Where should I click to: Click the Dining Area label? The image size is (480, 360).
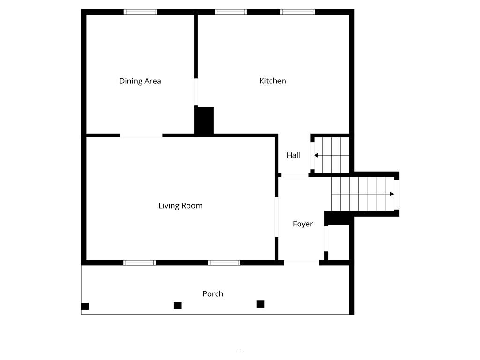[140, 81]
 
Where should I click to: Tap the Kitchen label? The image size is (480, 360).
[273, 81]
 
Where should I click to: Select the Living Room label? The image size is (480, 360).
[180, 206]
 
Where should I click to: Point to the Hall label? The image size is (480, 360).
[294, 155]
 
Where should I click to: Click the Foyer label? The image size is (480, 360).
[303, 224]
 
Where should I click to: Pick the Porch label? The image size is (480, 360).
[213, 294]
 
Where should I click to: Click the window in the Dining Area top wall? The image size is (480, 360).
[141, 12]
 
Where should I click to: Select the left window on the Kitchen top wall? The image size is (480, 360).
[231, 12]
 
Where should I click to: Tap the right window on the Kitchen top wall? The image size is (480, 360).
[298, 12]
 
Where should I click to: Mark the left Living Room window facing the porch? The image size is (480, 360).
[140, 263]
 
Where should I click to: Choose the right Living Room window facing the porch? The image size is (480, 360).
[225, 263]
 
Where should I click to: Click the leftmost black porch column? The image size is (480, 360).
[85, 307]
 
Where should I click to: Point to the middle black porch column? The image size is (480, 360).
[178, 306]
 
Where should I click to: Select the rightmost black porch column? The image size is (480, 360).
[261, 304]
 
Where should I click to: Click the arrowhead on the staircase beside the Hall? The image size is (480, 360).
[316, 155]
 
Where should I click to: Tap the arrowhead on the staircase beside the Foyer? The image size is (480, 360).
[392, 194]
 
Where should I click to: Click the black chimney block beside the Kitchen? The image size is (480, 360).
[204, 121]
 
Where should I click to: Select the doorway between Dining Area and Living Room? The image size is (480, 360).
[141, 136]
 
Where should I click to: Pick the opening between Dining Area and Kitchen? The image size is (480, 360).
[196, 92]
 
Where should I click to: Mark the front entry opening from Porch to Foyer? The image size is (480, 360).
[301, 262]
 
